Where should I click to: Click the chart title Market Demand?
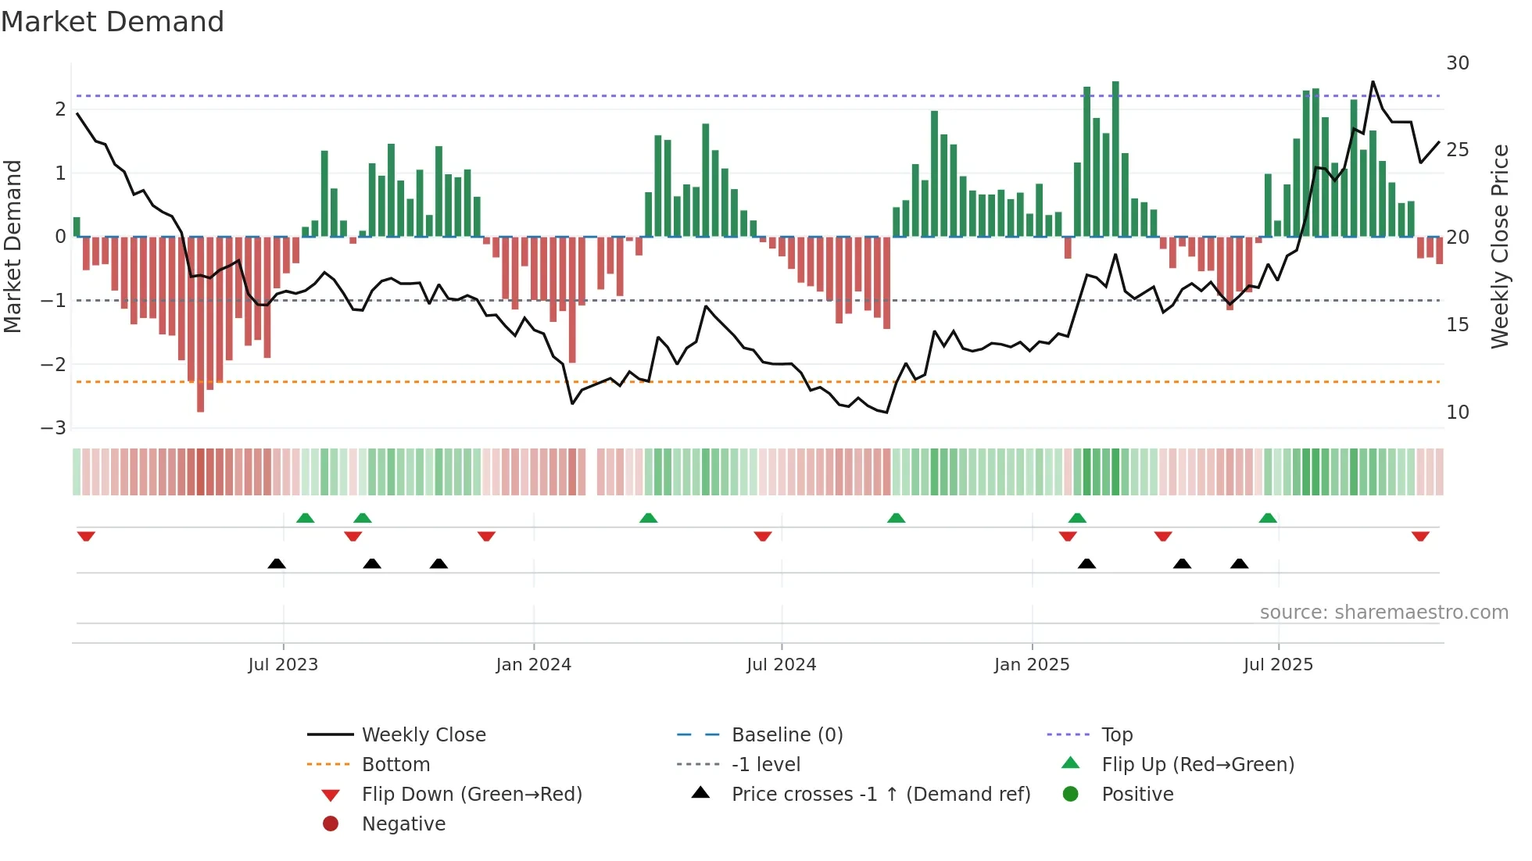point(113,22)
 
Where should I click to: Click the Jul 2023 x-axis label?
point(283,665)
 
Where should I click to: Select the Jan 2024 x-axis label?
point(533,665)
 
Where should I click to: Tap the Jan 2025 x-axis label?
point(1031,665)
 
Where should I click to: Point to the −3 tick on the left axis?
point(53,428)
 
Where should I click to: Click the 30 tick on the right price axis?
point(1457,63)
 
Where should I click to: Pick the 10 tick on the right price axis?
point(1457,412)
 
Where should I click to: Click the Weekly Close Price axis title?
point(1499,246)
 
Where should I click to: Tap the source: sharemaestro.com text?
point(1383,613)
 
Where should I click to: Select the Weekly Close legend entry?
point(423,735)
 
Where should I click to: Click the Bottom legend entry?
point(396,765)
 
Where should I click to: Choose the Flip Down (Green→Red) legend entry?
point(471,795)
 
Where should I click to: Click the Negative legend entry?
point(403,824)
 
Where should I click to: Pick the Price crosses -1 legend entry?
point(880,795)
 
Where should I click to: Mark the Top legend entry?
point(1116,735)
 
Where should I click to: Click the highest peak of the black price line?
point(1373,82)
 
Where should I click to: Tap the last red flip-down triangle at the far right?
point(1420,536)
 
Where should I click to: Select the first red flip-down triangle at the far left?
point(86,536)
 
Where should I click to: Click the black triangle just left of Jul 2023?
point(277,563)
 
